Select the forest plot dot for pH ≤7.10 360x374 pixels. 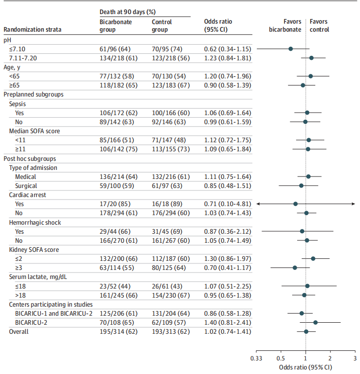click(x=291, y=49)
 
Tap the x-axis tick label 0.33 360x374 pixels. click(x=256, y=358)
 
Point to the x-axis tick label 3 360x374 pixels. click(x=354, y=358)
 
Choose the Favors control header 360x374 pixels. click(x=320, y=26)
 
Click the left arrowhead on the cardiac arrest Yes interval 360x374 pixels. click(x=258, y=204)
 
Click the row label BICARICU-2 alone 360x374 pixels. click(x=31, y=322)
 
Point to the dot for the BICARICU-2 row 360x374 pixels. click(x=315, y=322)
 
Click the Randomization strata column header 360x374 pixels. click(x=33, y=29)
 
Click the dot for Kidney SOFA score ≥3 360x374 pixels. click(x=295, y=268)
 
